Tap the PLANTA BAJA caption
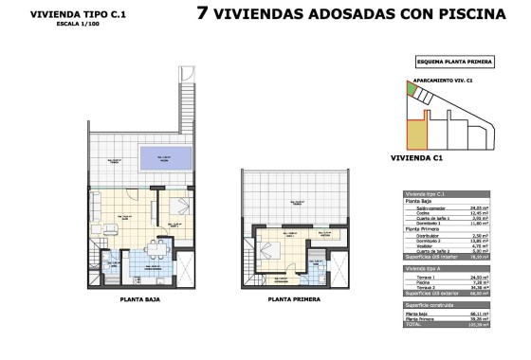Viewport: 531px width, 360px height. pos(139,298)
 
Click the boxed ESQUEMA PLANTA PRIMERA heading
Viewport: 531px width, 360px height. pos(454,62)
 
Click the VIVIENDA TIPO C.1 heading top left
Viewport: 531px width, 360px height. pos(64,14)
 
